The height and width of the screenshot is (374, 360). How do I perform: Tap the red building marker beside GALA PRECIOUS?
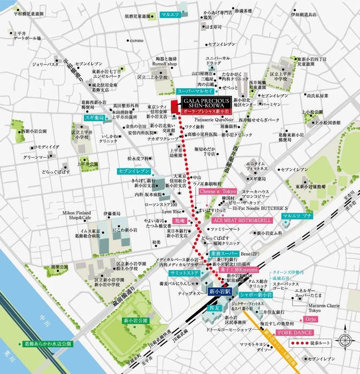[173, 106]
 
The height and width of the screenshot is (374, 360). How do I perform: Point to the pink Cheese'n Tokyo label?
[218, 191]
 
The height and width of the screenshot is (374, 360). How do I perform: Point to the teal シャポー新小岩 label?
[256, 293]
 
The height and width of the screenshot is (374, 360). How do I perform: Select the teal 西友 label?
[215, 308]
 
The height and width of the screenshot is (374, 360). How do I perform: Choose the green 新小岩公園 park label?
[134, 321]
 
